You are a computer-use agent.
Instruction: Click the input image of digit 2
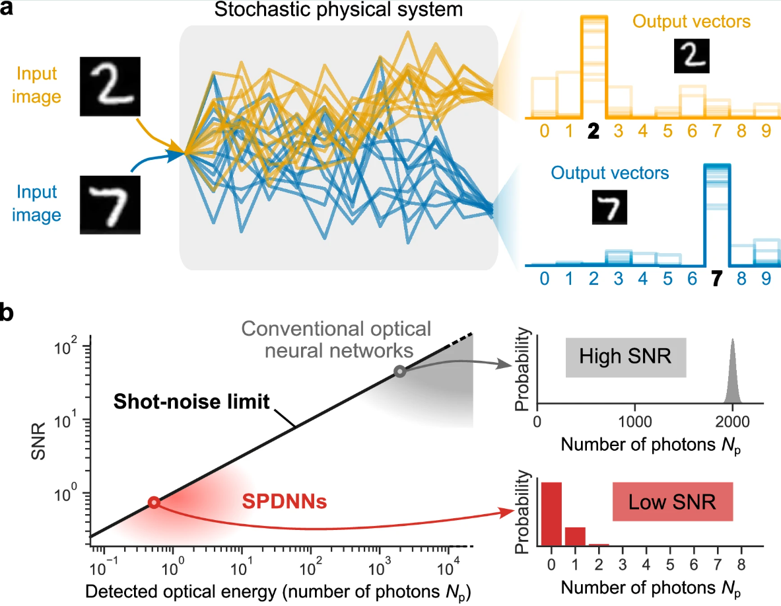pyautogui.click(x=110, y=87)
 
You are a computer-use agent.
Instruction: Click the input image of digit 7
pyautogui.click(x=110, y=204)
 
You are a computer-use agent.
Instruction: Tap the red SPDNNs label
pyautogui.click(x=285, y=502)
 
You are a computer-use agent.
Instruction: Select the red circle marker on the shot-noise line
pyautogui.click(x=154, y=503)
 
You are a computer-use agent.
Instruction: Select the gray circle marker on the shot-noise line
pyautogui.click(x=399, y=371)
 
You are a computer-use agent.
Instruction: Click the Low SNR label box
pyautogui.click(x=673, y=502)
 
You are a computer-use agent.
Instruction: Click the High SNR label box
pyautogui.click(x=626, y=357)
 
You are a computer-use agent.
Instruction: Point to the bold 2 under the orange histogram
pyautogui.click(x=594, y=131)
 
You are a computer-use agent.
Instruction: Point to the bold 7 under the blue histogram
pyautogui.click(x=717, y=279)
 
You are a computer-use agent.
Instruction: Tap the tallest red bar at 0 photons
pyautogui.click(x=551, y=514)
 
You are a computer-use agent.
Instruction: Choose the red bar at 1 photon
pyautogui.click(x=575, y=537)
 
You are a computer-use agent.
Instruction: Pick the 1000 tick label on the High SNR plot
pyautogui.click(x=635, y=422)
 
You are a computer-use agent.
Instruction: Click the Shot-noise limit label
pyautogui.click(x=191, y=402)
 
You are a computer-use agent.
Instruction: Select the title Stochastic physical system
pyautogui.click(x=339, y=10)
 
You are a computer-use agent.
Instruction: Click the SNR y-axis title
pyautogui.click(x=38, y=441)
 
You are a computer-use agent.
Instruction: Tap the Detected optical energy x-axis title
pyautogui.click(x=279, y=593)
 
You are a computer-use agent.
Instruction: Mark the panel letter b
pyautogui.click(x=7, y=313)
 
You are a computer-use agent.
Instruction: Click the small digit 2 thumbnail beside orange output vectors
pyautogui.click(x=691, y=56)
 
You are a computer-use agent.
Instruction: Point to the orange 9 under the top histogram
pyautogui.click(x=766, y=131)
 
